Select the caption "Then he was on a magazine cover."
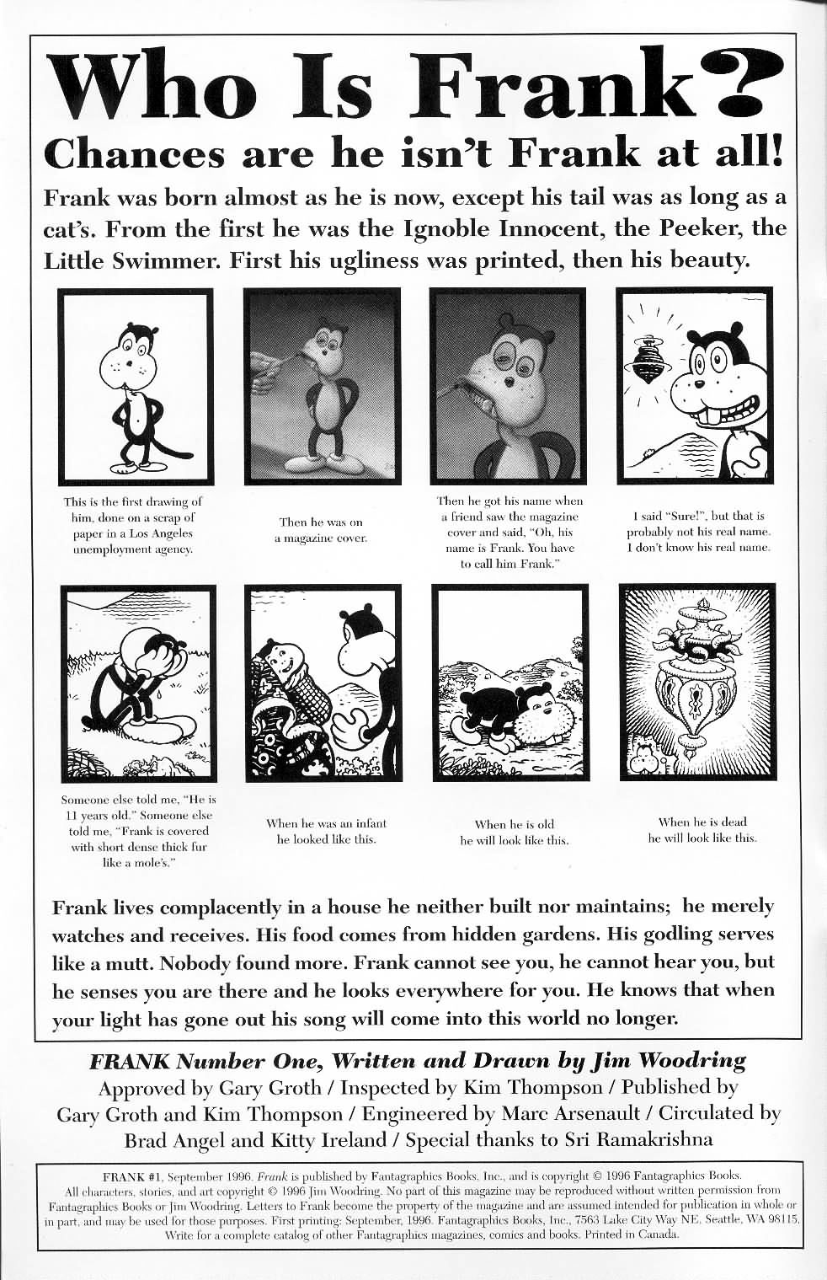click(321, 530)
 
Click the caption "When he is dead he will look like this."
click(702, 830)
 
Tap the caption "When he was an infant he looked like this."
click(326, 832)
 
